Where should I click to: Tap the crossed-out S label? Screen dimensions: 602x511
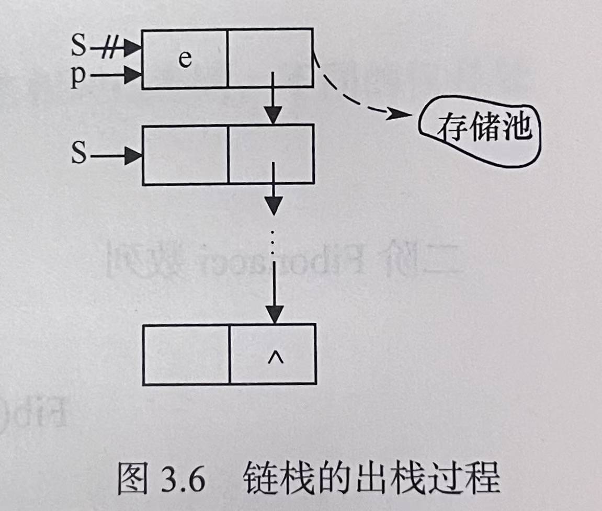pos(78,48)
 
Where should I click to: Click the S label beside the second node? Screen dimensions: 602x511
pos(79,155)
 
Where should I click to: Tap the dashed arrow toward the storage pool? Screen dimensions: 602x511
pos(356,102)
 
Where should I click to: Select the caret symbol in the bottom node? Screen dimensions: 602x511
pos(272,358)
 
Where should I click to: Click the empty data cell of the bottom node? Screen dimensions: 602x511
pos(186,354)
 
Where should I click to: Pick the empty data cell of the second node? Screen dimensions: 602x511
pos(186,155)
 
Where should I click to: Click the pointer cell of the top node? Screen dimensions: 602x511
pos(270,52)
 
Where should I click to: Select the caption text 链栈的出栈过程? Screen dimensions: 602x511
pos(371,478)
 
